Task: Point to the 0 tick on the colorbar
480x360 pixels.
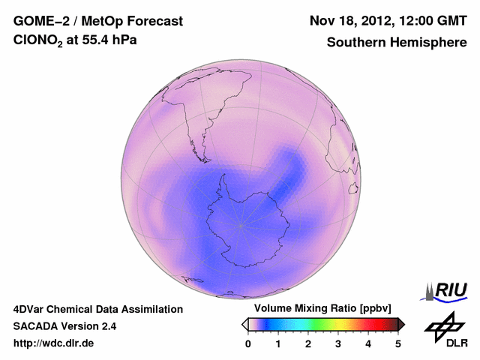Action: pos(248,343)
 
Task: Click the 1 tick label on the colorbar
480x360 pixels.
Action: pos(278,343)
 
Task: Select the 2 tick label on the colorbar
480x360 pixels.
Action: pos(308,343)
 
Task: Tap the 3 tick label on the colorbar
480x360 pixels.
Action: pos(338,343)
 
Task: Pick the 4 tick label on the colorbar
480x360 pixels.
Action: pos(368,343)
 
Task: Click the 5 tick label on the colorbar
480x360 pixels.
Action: pos(398,343)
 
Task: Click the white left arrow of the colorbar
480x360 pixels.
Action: pos(244,324)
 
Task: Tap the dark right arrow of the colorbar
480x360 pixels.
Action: pos(401,324)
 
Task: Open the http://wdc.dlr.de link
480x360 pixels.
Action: pos(54,343)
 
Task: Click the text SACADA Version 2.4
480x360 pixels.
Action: pos(64,326)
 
